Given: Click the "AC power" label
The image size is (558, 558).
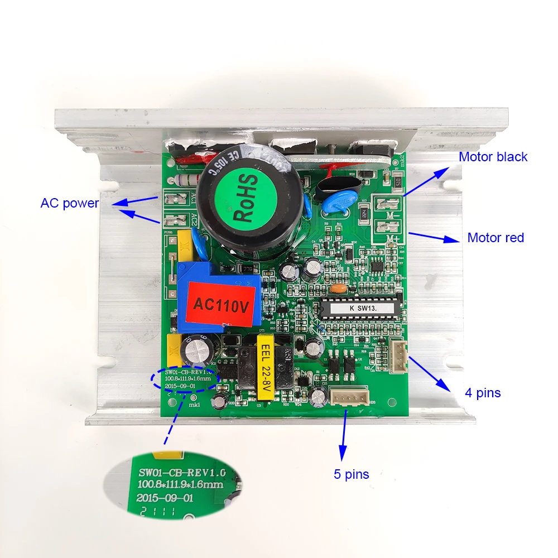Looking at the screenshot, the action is [x=69, y=203].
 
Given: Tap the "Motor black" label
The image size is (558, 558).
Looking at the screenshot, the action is [x=493, y=157].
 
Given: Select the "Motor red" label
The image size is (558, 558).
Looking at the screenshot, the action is [x=496, y=238].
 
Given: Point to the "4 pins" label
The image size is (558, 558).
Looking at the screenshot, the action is [x=483, y=393].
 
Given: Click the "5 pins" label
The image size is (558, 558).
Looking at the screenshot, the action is [x=352, y=474].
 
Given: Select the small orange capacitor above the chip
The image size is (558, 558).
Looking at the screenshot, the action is [x=338, y=288].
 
